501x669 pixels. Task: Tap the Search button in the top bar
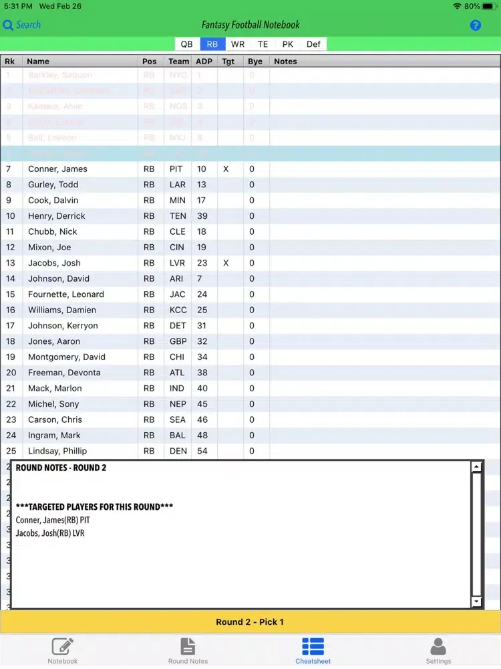[22, 25]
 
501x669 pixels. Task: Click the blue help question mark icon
[476, 25]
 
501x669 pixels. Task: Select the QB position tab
[186, 44]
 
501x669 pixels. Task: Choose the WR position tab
[238, 44]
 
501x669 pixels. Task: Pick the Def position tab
[313, 44]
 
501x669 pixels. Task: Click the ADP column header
[204, 61]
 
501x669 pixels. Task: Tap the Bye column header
[255, 61]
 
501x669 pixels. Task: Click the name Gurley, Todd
[53, 185]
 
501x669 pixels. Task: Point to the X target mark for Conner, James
[226, 169]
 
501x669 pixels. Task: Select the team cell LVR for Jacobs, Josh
[176, 263]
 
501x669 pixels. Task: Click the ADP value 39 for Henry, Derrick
[202, 216]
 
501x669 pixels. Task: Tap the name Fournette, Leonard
[66, 294]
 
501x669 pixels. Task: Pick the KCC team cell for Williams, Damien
[177, 310]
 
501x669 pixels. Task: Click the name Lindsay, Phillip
[57, 451]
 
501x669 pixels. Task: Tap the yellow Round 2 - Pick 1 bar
[250, 622]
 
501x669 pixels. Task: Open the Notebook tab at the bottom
[62, 650]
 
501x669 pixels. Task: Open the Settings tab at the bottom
[438, 650]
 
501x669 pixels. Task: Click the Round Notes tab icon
[188, 650]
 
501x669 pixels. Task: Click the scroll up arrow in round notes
[476, 468]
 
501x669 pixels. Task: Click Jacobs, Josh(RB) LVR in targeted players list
[50, 533]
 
